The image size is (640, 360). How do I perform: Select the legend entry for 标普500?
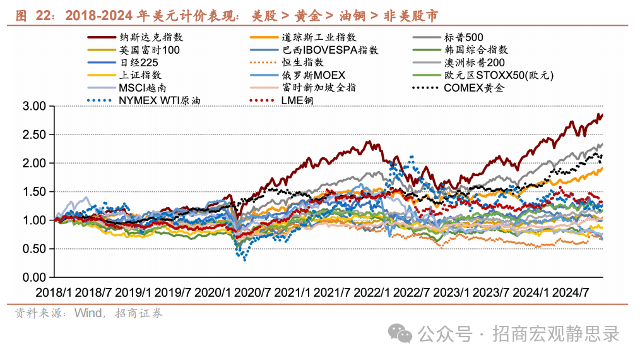[463, 38]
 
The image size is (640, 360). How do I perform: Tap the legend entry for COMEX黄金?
[474, 88]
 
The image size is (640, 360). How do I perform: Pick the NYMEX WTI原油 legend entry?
[155, 100]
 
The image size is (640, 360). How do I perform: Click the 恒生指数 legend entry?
[302, 63]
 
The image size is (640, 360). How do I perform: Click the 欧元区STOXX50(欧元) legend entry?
[499, 75]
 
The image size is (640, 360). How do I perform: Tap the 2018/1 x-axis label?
[54, 292]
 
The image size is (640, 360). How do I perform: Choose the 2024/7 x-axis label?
[570, 292]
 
